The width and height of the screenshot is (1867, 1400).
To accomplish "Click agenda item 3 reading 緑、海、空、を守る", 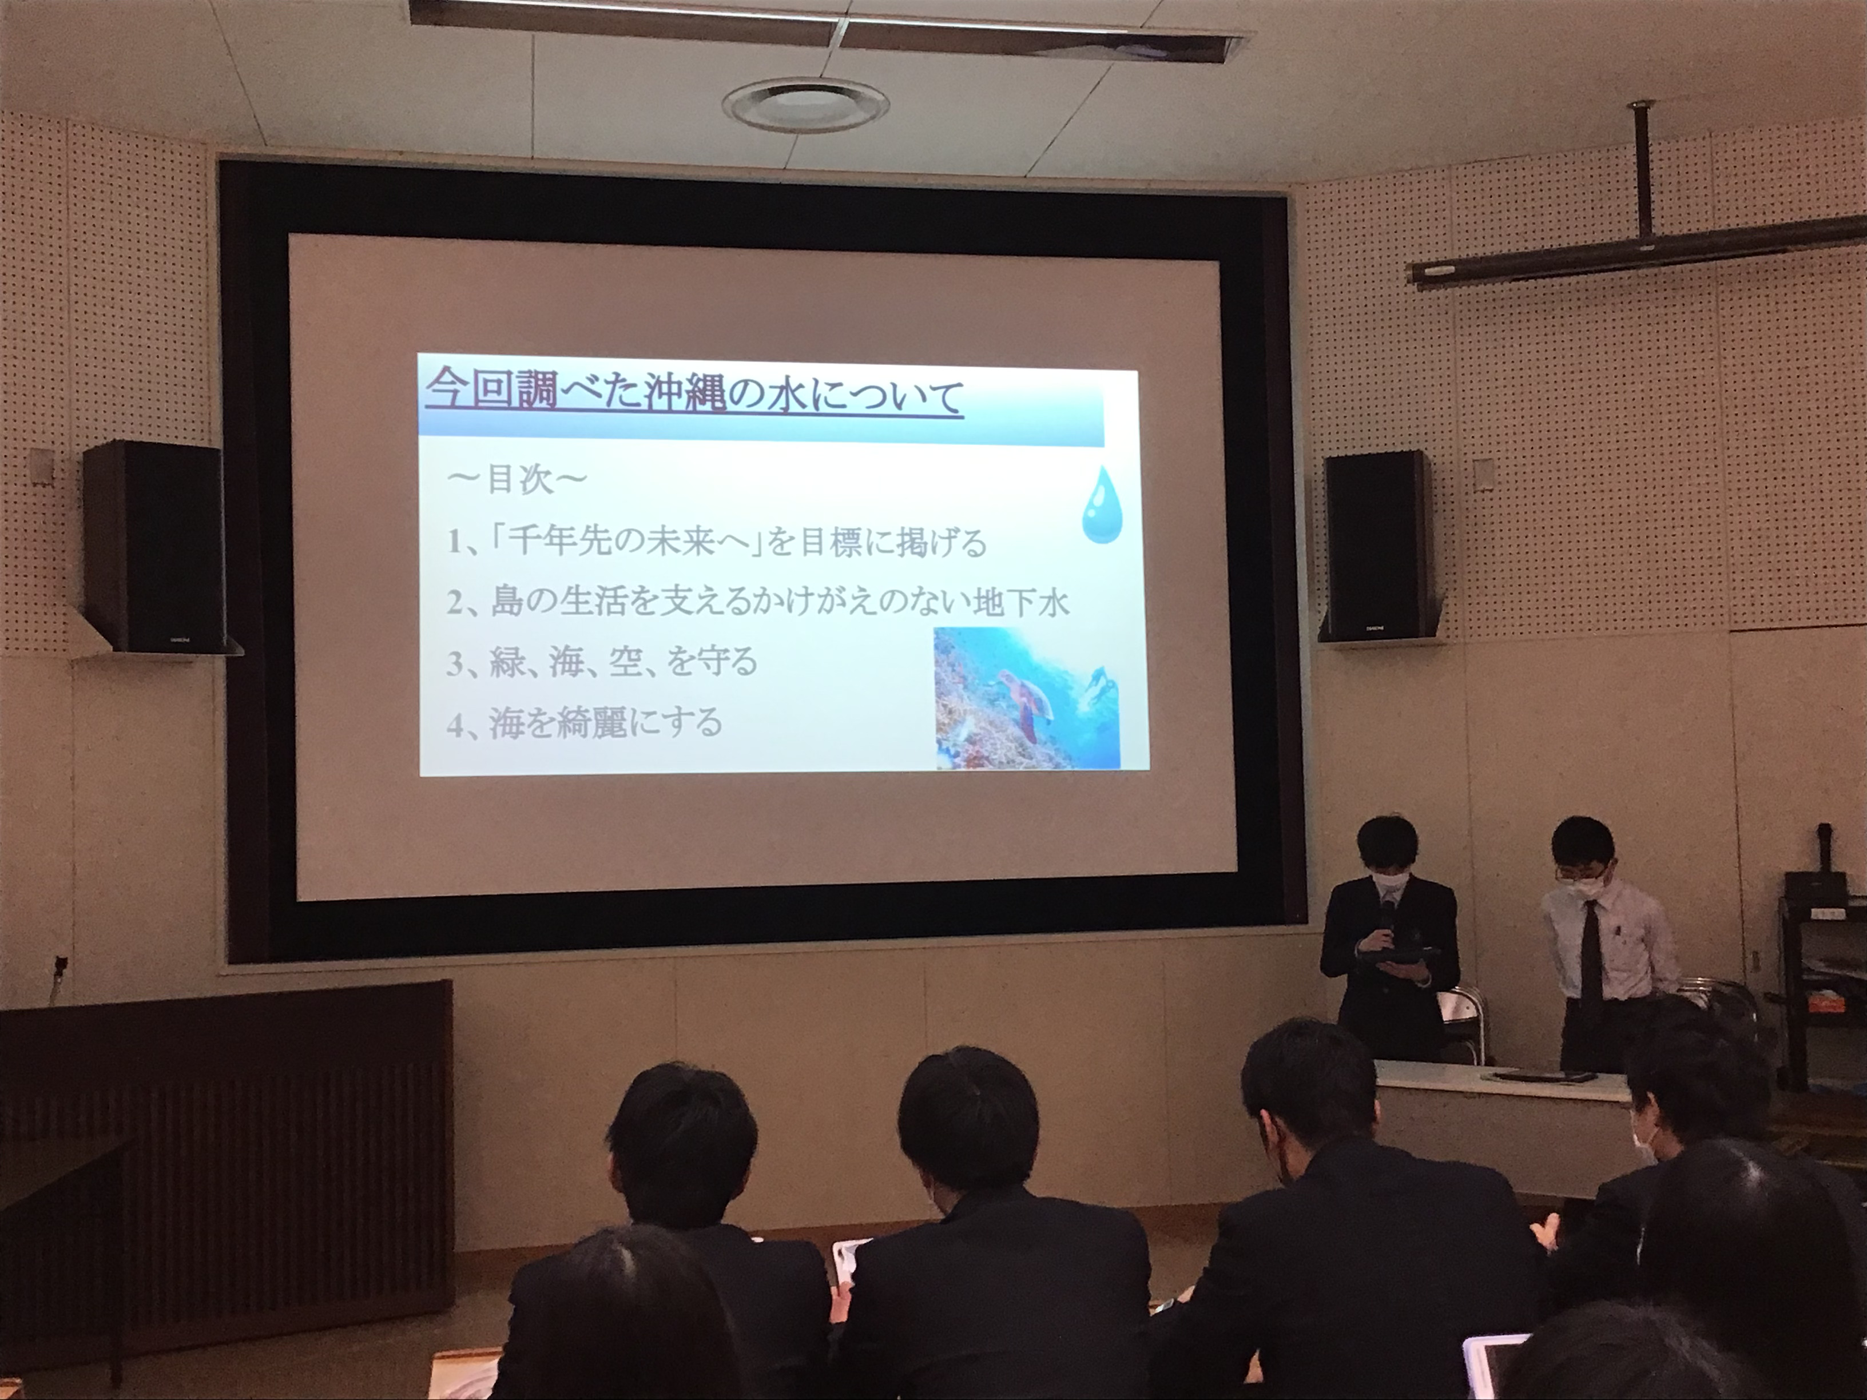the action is (x=602, y=662).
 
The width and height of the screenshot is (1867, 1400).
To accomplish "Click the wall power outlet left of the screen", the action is (x=60, y=964).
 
